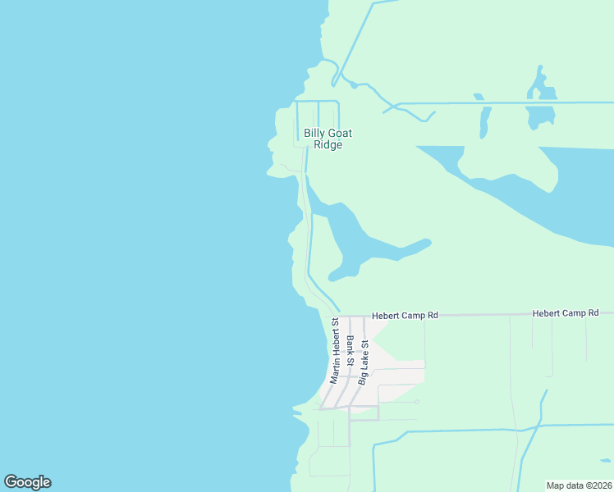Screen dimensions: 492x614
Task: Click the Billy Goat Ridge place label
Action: coord(323,139)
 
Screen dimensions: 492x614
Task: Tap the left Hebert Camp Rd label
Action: coord(405,314)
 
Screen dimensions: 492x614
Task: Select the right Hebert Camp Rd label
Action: coord(566,313)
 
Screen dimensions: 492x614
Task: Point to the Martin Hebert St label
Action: coord(335,351)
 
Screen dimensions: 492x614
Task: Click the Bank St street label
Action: coord(351,350)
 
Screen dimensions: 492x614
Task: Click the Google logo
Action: coord(27,482)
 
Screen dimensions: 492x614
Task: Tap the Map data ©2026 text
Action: coord(579,485)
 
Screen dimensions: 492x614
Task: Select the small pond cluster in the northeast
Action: coord(539,102)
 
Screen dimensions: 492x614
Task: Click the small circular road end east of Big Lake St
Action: coord(416,402)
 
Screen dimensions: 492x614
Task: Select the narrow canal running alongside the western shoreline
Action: coord(308,238)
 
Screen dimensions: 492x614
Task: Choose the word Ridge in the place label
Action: coord(328,145)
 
